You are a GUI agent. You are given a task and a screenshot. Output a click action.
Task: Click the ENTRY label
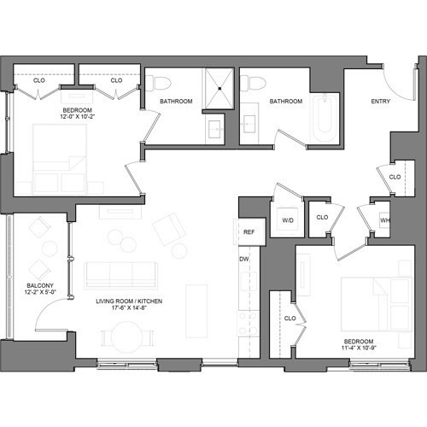[381, 102]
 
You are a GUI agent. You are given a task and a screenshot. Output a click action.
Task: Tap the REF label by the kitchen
[249, 231]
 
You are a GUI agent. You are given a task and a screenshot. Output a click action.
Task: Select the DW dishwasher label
[244, 259]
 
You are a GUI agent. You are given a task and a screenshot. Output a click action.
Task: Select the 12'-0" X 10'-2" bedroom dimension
[83, 118]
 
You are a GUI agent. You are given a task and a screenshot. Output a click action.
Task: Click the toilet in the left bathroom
[161, 83]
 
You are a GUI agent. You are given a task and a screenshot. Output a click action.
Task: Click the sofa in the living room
[120, 273]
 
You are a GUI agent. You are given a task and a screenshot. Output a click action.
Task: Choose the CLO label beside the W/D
[322, 218]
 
